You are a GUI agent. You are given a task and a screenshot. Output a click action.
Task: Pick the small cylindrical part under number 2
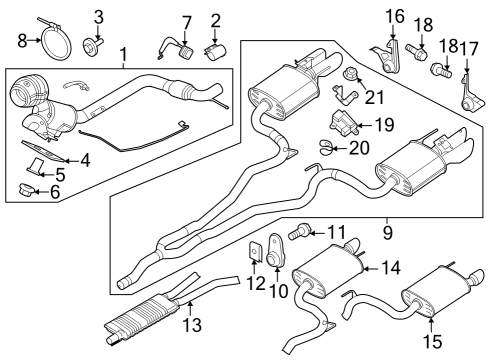coord(214,49)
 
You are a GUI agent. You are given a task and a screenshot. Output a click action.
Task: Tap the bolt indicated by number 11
coord(297,232)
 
